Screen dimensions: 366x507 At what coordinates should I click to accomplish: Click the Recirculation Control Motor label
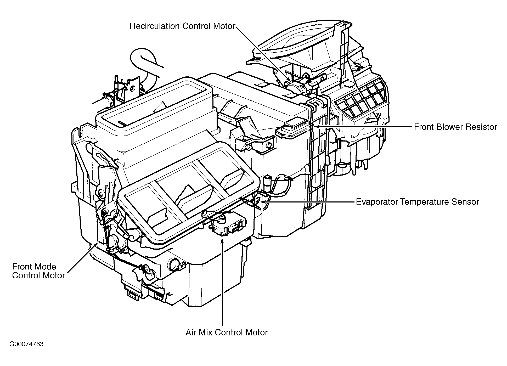point(182,26)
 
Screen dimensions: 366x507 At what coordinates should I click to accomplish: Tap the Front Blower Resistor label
point(455,127)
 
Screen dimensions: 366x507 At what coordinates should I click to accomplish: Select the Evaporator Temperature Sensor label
point(417,202)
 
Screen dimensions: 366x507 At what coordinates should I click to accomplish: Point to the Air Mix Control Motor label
point(227,333)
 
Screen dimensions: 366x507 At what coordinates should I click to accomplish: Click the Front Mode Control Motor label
point(38,271)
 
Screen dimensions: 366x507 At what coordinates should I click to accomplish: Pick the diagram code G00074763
point(26,344)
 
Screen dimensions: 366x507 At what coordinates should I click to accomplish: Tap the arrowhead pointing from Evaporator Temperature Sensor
point(262,202)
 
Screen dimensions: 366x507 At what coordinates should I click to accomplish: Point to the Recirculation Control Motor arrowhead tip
point(290,81)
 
